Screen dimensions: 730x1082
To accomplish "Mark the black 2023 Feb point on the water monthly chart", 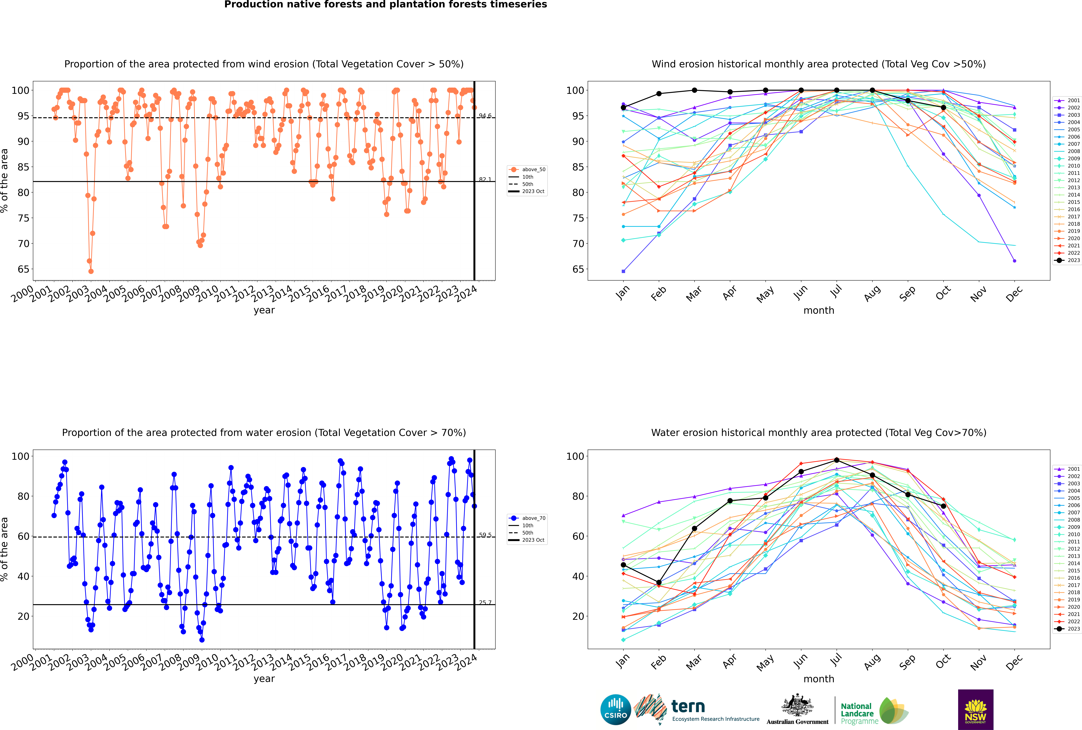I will pos(659,582).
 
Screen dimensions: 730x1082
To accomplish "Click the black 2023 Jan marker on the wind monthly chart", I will pos(623,108).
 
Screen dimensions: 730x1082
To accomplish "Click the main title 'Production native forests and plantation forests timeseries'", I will pos(386,5).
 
